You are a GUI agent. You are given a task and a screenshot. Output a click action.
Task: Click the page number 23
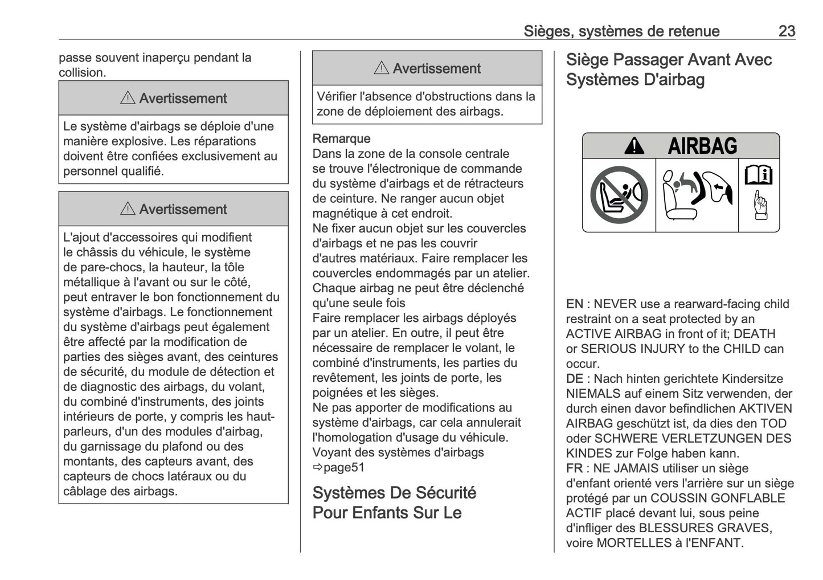point(787,31)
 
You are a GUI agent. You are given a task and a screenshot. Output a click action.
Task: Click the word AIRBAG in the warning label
point(702,146)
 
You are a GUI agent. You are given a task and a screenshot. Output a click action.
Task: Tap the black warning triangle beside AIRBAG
point(634,147)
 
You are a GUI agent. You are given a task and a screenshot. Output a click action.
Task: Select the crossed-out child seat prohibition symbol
point(619,195)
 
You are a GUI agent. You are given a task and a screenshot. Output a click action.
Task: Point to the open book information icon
point(759,174)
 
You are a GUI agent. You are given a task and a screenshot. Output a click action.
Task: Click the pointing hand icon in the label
point(759,206)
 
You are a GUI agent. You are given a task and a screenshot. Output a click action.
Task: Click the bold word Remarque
point(341,138)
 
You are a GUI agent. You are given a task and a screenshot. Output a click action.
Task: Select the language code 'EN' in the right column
point(574,304)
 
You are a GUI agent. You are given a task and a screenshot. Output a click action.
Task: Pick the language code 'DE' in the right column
point(574,379)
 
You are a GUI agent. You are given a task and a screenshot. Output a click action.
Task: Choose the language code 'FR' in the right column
point(574,468)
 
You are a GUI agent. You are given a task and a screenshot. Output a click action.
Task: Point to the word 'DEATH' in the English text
point(754,334)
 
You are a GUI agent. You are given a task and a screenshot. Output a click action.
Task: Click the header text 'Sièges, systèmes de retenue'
point(621,31)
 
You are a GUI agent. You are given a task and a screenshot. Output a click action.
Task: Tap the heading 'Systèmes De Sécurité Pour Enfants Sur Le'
point(394,503)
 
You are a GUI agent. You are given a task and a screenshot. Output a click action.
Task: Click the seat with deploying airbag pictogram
point(697,195)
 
